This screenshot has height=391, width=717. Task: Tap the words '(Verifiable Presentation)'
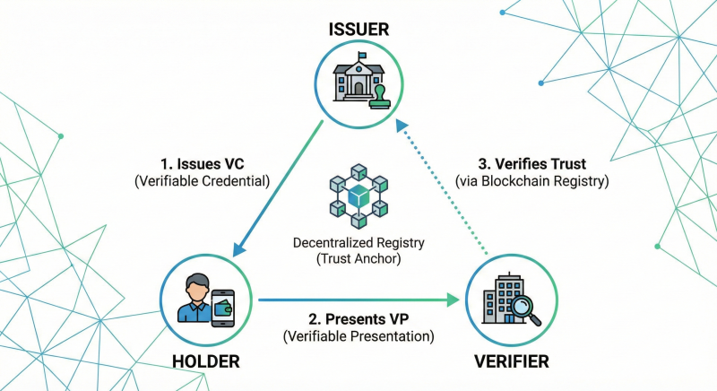coord(358,337)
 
